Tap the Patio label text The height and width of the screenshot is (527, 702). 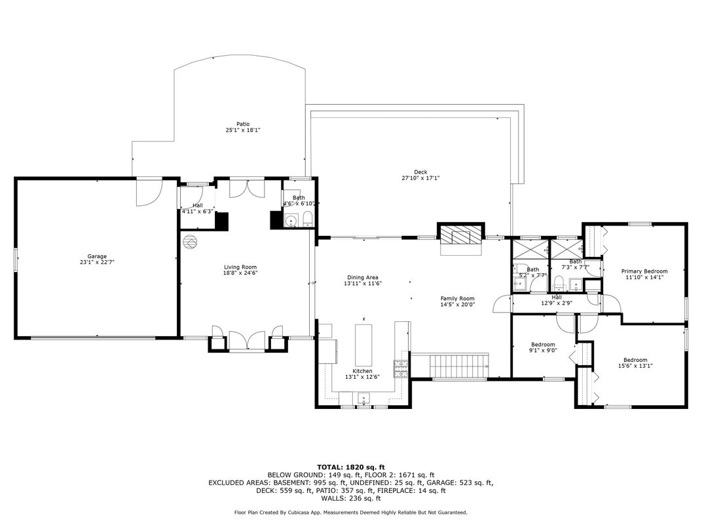click(x=243, y=124)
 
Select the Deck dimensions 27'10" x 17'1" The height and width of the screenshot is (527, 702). click(x=420, y=178)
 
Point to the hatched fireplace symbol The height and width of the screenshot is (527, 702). click(x=461, y=235)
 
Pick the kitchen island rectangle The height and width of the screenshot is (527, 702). click(x=363, y=345)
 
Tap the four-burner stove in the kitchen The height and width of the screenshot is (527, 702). click(x=401, y=368)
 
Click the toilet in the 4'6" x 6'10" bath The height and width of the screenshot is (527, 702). click(x=308, y=220)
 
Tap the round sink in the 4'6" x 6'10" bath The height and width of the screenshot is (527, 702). click(x=291, y=221)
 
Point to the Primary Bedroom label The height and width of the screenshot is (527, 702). click(x=644, y=271)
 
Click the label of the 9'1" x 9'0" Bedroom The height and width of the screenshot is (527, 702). click(x=543, y=345)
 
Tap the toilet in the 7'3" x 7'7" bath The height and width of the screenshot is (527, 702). click(x=558, y=283)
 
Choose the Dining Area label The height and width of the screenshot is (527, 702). click(x=363, y=277)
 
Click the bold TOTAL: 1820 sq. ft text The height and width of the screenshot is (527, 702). click(x=351, y=467)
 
